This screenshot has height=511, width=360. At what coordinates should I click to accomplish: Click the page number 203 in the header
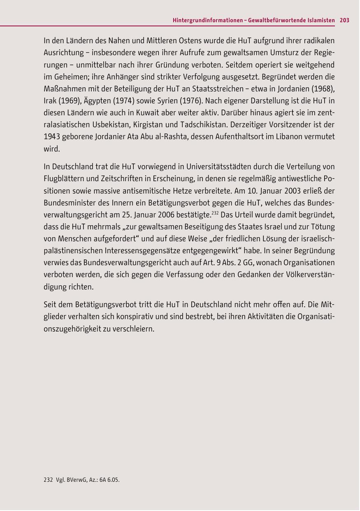point(344,20)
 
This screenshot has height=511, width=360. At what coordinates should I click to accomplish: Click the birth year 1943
point(51,136)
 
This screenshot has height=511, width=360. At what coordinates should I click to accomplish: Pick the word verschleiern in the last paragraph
point(134,329)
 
